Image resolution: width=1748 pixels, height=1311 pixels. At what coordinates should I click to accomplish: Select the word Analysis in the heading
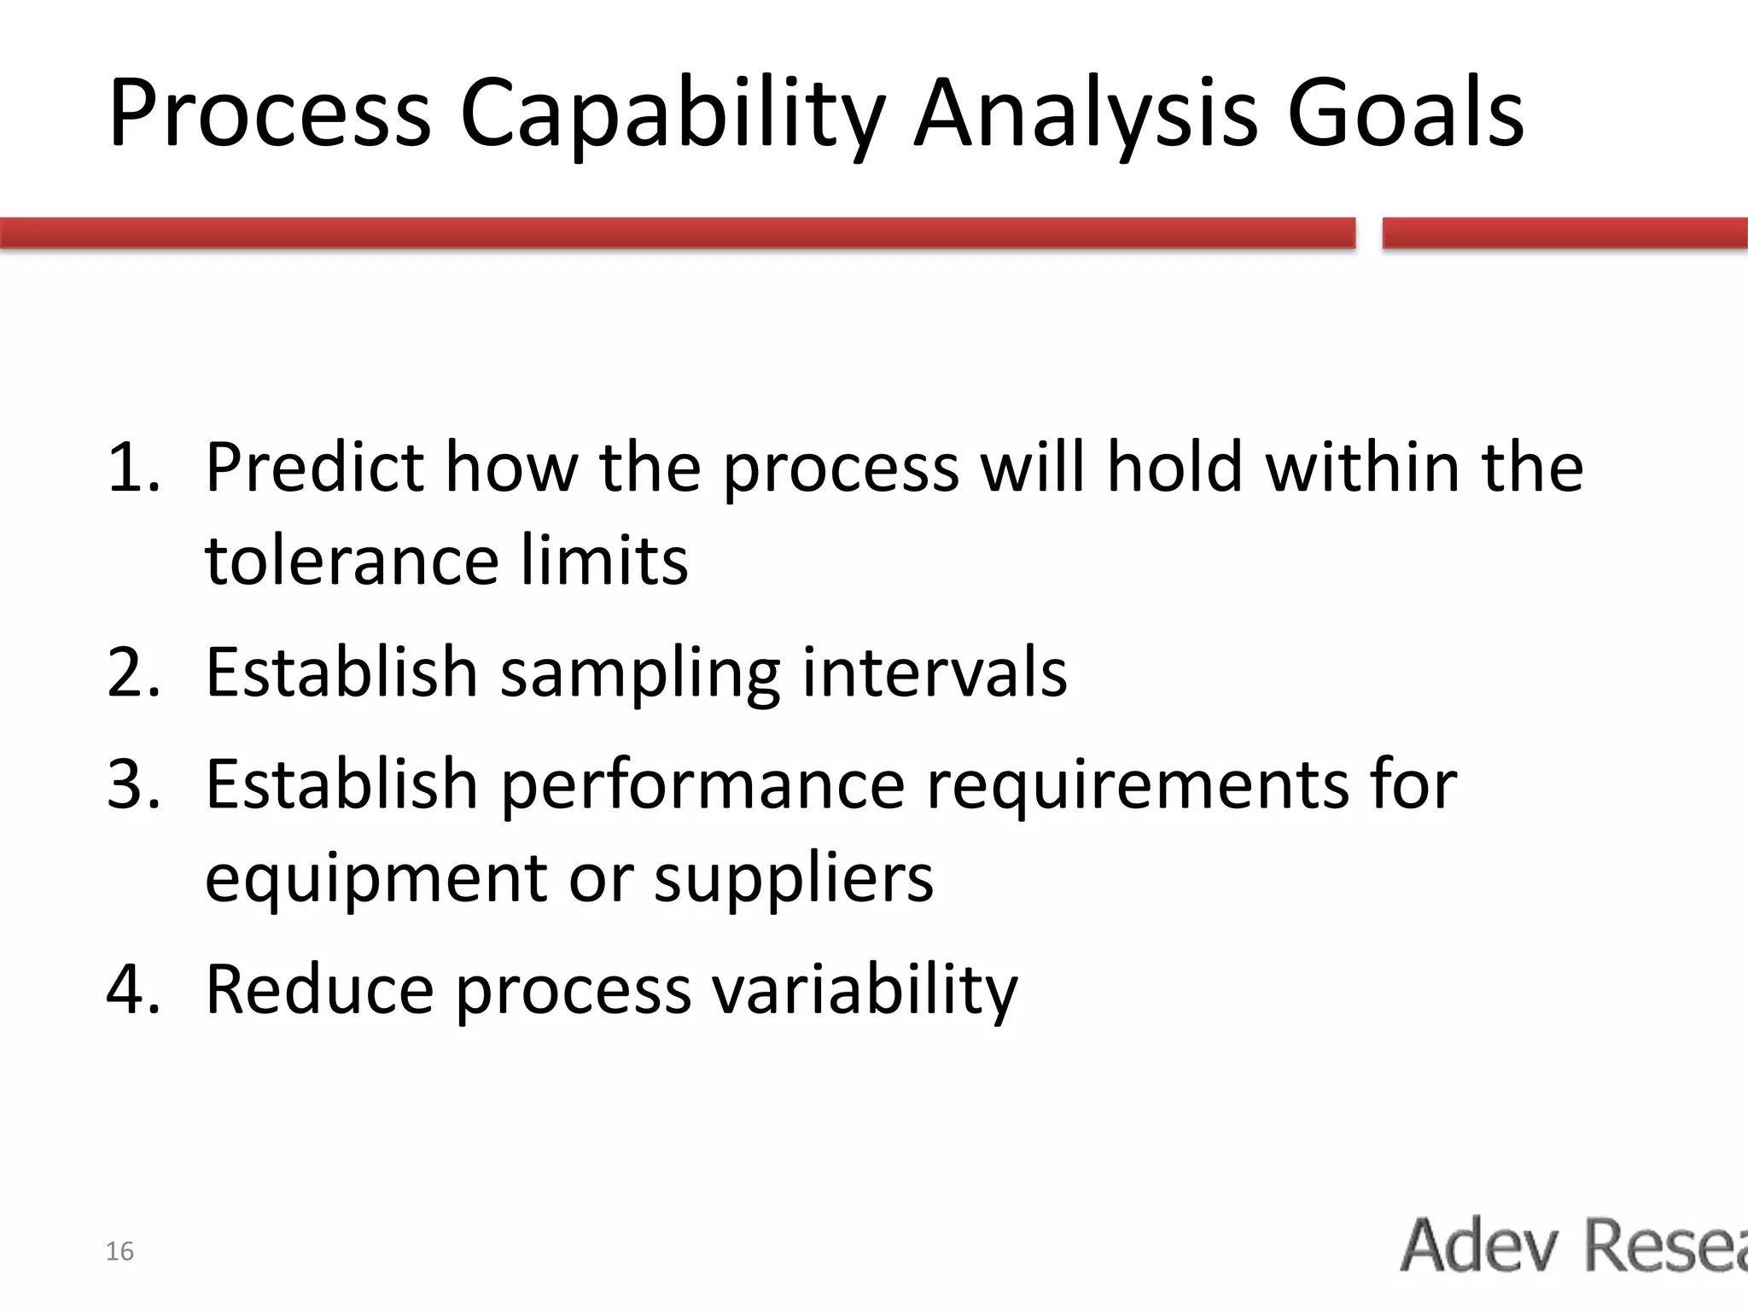[x=1085, y=115]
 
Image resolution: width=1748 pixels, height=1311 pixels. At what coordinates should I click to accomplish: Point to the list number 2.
[x=133, y=673]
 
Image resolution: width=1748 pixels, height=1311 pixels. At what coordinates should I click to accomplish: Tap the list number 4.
[x=133, y=989]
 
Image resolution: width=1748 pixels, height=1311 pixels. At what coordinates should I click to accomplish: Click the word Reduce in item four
[x=319, y=989]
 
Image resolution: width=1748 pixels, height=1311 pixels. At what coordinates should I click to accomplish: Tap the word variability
[x=865, y=991]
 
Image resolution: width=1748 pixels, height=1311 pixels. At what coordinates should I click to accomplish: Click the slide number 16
[x=119, y=1251]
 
